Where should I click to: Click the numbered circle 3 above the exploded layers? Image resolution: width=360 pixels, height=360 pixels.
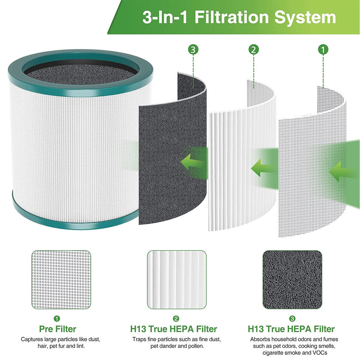click(x=193, y=49)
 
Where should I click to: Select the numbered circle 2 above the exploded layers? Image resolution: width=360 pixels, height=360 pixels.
click(x=253, y=49)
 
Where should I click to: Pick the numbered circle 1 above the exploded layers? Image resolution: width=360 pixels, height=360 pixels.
click(x=323, y=49)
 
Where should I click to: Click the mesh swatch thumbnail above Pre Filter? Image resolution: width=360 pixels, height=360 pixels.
click(x=61, y=280)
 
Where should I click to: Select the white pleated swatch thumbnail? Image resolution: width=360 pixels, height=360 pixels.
click(x=177, y=280)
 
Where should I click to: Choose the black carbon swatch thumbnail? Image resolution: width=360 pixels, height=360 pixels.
click(x=292, y=280)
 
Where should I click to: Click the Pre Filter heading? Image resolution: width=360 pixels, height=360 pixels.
click(x=58, y=329)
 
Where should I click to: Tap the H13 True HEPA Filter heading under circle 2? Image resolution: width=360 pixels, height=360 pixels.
click(x=173, y=329)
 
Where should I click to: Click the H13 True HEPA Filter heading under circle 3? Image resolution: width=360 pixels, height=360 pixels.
click(x=291, y=329)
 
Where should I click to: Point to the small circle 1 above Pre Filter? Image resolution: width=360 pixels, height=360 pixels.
click(x=57, y=319)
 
